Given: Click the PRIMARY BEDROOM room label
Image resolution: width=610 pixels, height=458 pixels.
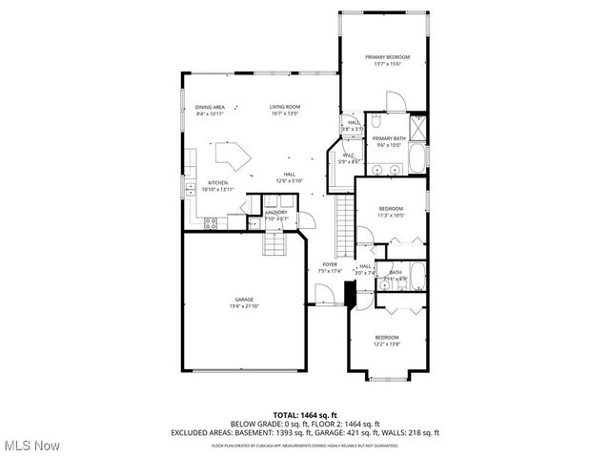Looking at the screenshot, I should tap(383, 57).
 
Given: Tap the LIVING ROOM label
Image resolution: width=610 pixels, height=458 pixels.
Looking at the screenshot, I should tap(284, 107).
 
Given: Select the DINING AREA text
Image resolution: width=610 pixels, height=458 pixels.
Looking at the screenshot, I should tap(210, 107).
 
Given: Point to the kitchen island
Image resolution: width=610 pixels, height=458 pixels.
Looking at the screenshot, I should tap(231, 155).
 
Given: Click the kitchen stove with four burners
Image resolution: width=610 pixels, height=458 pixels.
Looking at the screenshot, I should tap(210, 222).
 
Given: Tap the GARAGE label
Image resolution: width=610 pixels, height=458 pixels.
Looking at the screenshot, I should tap(244, 300).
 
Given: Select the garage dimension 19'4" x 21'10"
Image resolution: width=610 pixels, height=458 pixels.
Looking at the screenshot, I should tap(244, 306).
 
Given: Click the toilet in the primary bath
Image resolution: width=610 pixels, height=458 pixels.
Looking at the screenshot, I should tap(376, 122).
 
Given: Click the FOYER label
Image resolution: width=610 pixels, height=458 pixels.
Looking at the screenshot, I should tap(330, 264).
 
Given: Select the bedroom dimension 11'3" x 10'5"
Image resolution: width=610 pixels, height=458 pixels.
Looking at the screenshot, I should tap(391, 216).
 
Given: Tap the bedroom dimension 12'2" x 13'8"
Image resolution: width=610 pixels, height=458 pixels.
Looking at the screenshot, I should tap(386, 343).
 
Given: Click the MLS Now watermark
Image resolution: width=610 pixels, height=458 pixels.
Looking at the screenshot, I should tap(32, 446).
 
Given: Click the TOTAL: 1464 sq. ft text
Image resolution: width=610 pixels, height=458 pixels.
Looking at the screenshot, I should tap(305, 415).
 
